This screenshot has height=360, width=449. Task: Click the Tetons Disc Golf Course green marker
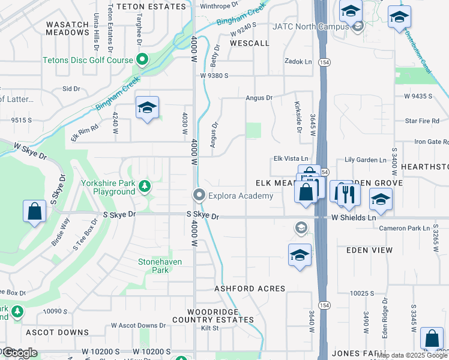142,59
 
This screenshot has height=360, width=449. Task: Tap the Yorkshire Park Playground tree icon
144,187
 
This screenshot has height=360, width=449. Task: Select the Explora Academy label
240,196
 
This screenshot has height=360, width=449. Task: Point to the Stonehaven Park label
160,266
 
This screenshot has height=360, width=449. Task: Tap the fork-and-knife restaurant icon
347,193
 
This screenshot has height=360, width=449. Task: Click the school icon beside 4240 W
147,108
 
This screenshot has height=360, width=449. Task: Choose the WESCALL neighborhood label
249,44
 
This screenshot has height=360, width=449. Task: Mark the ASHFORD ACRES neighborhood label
250,289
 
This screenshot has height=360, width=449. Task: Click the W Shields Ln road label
354,218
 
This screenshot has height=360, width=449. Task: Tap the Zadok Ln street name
298,61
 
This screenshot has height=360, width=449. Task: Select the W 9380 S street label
223,76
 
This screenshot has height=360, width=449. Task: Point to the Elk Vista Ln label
290,158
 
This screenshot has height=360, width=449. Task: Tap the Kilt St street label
209,328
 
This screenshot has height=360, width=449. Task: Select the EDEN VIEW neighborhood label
370,250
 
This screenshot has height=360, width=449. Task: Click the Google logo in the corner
19,353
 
